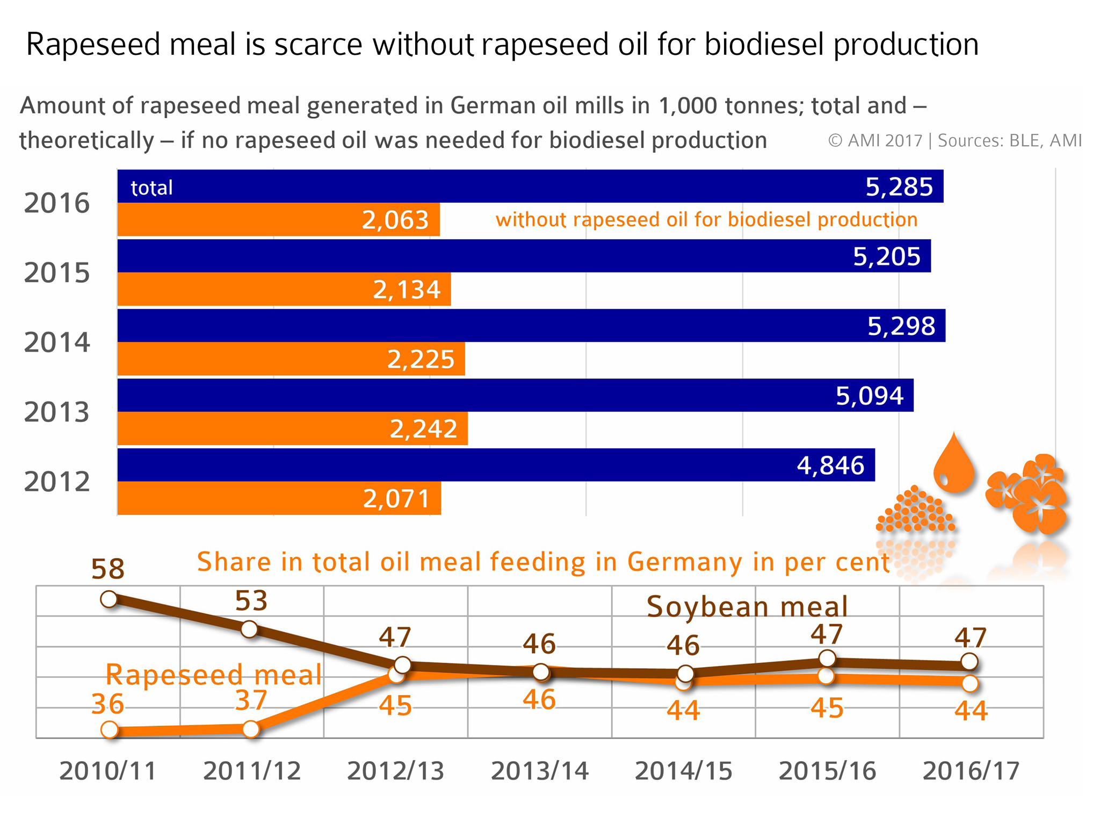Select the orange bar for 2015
tap(284, 289)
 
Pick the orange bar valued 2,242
tap(292, 428)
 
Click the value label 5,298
tap(901, 326)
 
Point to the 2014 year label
tap(57, 342)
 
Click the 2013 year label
tap(57, 412)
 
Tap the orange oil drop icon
tap(954, 463)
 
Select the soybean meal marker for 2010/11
tap(109, 599)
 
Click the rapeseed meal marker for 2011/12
tap(251, 729)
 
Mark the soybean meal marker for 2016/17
tap(969, 661)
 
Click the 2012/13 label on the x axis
tap(395, 771)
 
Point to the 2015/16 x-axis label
tap(827, 771)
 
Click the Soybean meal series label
tap(747, 607)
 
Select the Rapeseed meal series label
tap(214, 675)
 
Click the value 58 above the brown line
tap(108, 569)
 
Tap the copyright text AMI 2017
tap(875, 140)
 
